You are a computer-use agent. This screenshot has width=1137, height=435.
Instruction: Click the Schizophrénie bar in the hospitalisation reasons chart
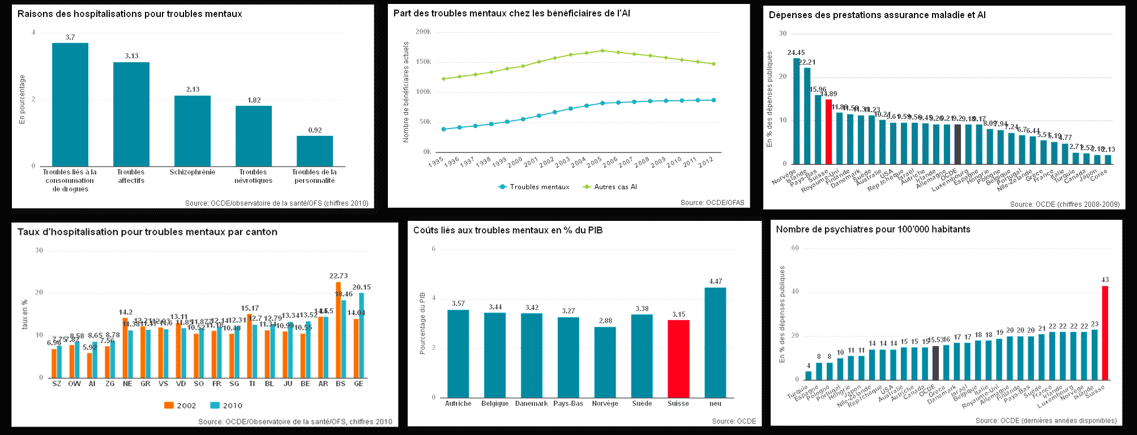coord(193,131)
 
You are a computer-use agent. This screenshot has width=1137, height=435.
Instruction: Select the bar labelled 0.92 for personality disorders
coord(315,151)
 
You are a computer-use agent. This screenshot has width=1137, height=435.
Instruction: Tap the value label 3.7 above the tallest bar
coord(70,37)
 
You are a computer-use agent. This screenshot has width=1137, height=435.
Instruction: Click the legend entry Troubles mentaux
coord(534,187)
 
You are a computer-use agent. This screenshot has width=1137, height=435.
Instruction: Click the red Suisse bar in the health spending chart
coord(828,132)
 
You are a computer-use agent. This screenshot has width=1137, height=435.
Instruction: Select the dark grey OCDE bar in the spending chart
coord(958,144)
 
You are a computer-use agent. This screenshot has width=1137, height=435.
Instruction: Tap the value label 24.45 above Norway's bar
coord(796,53)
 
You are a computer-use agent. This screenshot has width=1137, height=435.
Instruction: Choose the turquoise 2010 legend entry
coord(226,406)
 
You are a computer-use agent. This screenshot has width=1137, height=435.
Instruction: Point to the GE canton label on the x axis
coord(358,384)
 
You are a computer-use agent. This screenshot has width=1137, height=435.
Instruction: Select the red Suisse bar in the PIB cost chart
coord(678,359)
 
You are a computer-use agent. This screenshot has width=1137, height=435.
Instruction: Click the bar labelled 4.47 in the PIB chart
coord(715,342)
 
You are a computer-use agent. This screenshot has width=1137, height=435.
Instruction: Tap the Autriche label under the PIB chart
coord(458,404)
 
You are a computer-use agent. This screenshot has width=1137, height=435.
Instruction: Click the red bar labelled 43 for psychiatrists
coord(1105,332)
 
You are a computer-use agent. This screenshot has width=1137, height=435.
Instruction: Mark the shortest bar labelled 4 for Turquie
coord(808,375)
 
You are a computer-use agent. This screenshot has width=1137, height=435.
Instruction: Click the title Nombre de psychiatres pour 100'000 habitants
coord(873,229)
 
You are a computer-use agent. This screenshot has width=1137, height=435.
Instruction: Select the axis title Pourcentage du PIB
coord(422,323)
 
